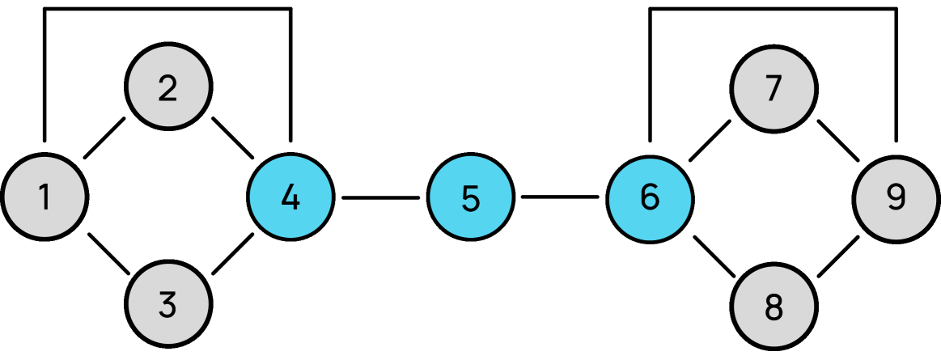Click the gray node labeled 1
(x=45, y=197)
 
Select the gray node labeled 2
(x=167, y=87)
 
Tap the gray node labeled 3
(x=167, y=306)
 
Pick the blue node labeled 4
(x=290, y=197)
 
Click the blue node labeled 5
(x=470, y=197)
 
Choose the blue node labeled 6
(x=650, y=197)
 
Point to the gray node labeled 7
(x=773, y=87)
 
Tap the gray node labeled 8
(x=773, y=306)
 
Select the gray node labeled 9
(x=896, y=197)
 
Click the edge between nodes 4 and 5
(x=380, y=197)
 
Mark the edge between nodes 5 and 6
(x=560, y=197)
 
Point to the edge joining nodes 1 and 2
(x=105, y=139)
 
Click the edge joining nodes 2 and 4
(x=231, y=139)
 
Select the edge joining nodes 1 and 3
(x=108, y=254)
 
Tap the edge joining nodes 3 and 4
(x=233, y=253)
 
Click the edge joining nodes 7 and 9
(x=837, y=139)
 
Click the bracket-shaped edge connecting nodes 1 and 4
(x=167, y=9)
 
